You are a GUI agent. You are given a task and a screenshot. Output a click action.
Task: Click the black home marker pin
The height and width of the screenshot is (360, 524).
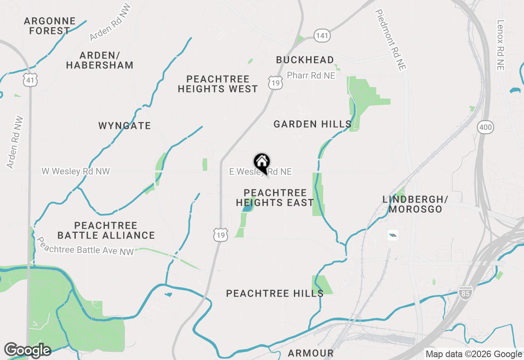tap(262, 163)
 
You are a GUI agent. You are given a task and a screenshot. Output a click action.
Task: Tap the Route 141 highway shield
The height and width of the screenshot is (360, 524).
tap(322, 36)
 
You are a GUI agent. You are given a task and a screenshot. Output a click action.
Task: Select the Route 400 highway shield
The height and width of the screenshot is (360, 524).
tap(485, 128)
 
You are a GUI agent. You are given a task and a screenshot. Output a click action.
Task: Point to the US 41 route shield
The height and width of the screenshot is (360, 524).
tap(31, 80)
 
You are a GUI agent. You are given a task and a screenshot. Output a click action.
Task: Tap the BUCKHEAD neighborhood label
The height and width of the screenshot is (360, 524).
tap(305, 60)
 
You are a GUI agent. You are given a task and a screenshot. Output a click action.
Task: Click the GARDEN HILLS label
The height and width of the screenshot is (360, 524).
tap(312, 124)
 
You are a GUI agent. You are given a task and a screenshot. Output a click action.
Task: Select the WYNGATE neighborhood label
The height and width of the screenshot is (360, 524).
tap(125, 126)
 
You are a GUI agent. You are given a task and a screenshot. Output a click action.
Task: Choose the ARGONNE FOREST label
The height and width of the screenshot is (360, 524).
tap(50, 26)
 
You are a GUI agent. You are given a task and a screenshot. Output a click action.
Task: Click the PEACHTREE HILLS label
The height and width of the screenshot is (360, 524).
tap(275, 293)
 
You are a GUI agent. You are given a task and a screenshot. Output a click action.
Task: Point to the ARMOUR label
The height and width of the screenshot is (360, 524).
tap(311, 353)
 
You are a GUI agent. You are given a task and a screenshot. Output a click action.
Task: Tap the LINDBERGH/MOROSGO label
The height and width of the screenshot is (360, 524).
tap(415, 204)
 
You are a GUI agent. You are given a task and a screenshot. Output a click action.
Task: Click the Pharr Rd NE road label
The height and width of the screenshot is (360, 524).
tap(311, 76)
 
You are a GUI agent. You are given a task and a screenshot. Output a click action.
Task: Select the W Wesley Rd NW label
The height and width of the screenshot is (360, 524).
tap(76, 171)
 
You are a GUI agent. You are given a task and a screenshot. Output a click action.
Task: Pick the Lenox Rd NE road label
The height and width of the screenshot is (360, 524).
tap(500, 45)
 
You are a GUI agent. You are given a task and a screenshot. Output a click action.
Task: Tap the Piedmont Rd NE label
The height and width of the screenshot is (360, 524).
tap(390, 40)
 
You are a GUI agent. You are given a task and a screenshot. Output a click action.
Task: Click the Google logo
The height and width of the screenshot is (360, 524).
tap(27, 350)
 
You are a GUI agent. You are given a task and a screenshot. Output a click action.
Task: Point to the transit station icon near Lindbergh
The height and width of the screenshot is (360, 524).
tap(393, 235)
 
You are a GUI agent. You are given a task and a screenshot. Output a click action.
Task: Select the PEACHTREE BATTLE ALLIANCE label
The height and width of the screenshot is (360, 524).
tap(106, 230)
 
